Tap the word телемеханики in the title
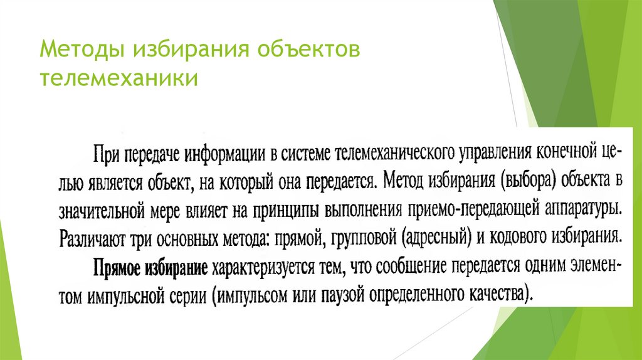pos(119,80)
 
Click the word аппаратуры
pos(582,208)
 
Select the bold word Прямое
pos(115,268)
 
